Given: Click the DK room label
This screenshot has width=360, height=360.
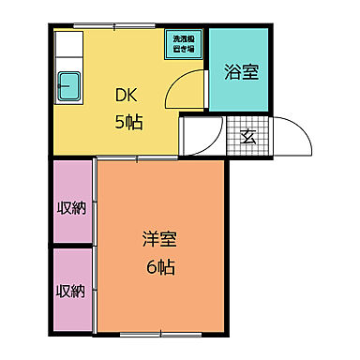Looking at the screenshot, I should click(127, 95).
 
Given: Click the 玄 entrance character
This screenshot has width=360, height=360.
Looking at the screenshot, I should click(248, 137).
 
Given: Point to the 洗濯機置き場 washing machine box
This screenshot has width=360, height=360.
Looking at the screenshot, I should click(182, 45).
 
